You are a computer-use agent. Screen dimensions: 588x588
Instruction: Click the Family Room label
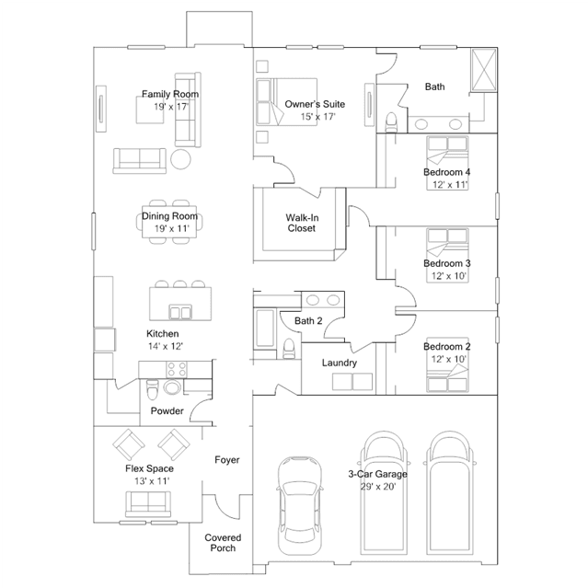tap(170, 94)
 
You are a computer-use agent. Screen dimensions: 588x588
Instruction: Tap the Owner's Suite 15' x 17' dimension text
tap(317, 117)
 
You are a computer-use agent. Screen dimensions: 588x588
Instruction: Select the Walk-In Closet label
tap(302, 223)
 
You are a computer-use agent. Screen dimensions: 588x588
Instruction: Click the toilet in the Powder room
tap(153, 389)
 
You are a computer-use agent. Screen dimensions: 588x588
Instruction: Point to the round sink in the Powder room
tap(172, 387)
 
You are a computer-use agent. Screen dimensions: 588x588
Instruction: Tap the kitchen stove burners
tap(177, 369)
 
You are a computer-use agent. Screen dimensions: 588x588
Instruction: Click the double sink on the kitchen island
tap(180, 312)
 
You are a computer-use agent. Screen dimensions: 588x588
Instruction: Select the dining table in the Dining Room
tap(169, 222)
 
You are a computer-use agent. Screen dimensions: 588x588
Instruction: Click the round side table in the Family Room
tap(180, 159)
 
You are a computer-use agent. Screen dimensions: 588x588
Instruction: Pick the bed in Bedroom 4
tap(447, 163)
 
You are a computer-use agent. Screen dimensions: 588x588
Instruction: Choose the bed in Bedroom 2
tap(447, 364)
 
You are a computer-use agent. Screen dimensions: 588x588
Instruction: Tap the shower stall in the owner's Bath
tap(484, 70)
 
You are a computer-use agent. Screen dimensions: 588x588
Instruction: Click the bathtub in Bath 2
tap(265, 328)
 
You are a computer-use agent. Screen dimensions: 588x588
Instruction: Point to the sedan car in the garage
tap(300, 505)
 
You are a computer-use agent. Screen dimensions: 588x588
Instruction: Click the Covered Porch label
tap(223, 543)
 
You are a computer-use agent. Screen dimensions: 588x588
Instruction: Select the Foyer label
tap(227, 460)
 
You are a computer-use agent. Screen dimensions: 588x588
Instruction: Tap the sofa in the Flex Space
tap(148, 504)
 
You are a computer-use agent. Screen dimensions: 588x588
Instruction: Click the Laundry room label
tap(340, 363)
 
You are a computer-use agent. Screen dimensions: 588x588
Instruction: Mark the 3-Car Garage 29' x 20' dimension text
tap(378, 487)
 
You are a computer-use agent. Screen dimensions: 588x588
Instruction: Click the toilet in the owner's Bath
tap(391, 121)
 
